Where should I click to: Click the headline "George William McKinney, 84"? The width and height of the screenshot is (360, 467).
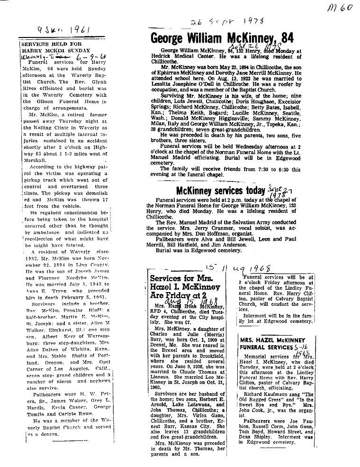pyautogui.click(x=223, y=38)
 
